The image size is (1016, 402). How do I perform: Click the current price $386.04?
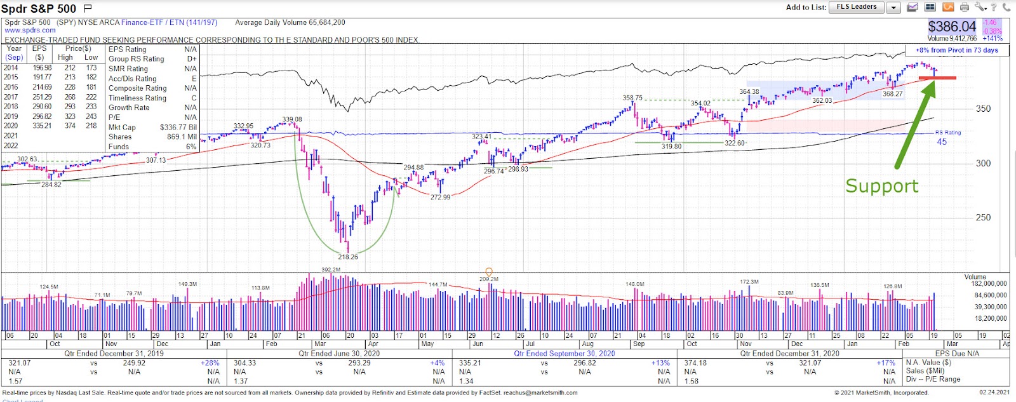952,27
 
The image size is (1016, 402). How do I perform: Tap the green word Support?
881,186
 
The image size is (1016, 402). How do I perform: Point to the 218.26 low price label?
348,257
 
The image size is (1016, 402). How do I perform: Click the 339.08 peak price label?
292,119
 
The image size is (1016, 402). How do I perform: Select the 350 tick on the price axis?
983,109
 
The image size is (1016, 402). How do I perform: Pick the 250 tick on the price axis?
983,218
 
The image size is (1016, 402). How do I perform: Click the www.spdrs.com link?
30,30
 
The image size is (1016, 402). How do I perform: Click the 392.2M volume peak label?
331,270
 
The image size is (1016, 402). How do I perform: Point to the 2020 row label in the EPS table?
11,126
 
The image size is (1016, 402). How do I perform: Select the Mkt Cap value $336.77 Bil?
178,128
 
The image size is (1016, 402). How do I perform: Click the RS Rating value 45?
942,142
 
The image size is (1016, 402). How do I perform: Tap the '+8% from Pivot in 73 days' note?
956,50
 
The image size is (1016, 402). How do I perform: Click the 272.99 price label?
440,198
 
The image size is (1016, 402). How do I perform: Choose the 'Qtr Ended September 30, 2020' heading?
564,354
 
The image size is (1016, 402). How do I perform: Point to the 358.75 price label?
632,98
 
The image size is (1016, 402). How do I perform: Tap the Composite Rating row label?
137,88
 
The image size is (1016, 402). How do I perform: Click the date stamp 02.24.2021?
994,392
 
